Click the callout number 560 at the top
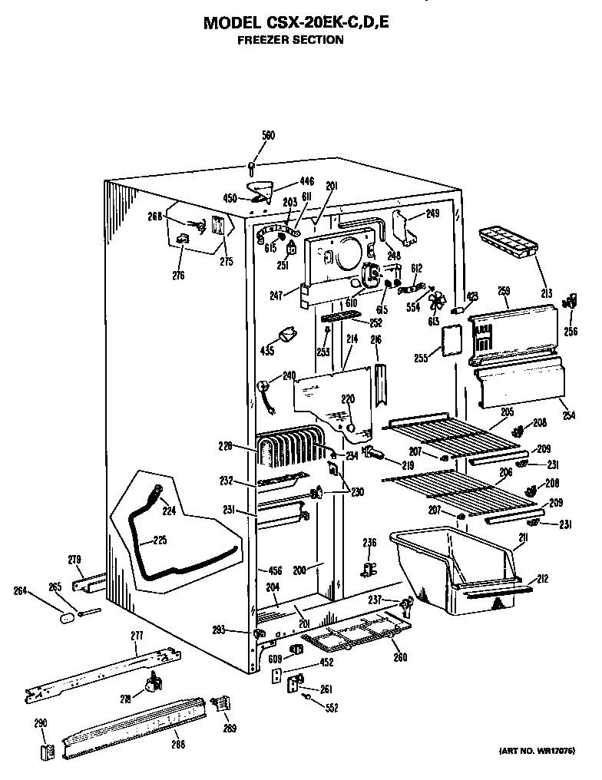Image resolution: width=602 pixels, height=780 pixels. coord(268,136)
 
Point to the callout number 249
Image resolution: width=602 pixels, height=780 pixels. coord(432,213)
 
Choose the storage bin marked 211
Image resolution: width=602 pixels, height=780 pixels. coord(453,568)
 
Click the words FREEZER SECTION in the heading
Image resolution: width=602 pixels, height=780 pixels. coord(289,39)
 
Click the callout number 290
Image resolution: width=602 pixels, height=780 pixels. coord(41,722)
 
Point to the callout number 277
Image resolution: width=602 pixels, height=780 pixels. coord(136,635)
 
